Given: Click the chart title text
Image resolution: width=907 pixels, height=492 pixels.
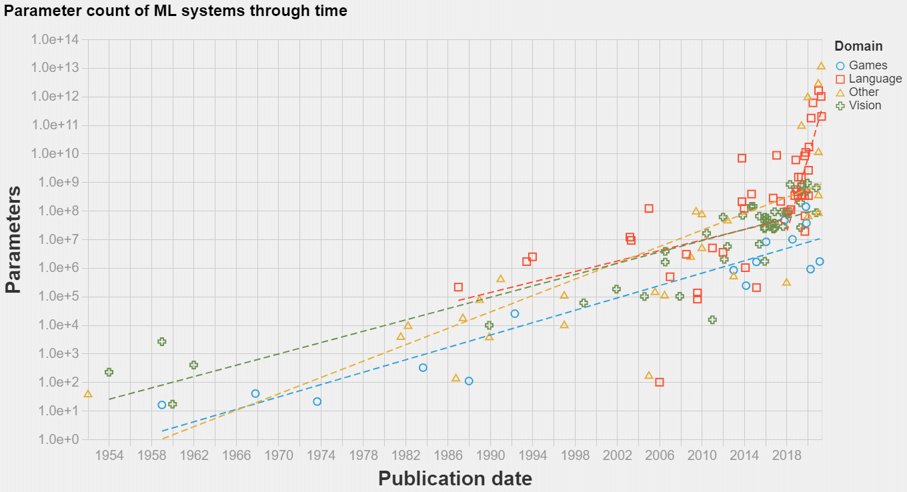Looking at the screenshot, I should [175, 11].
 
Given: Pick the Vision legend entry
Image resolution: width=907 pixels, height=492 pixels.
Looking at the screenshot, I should [864, 105].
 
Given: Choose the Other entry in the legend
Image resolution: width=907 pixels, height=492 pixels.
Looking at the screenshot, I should [864, 92].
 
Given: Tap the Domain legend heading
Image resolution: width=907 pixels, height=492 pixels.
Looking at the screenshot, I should [858, 46].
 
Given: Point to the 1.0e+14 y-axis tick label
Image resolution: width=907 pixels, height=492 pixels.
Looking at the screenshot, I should [55, 39].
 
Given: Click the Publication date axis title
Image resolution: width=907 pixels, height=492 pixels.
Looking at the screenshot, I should [455, 478].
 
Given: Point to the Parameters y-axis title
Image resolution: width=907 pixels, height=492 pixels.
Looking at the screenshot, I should [13, 239].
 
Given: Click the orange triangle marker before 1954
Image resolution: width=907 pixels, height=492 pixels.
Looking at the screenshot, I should [88, 394].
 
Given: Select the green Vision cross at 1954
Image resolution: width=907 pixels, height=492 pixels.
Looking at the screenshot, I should [109, 372].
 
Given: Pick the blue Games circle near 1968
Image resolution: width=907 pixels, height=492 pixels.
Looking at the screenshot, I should [255, 393].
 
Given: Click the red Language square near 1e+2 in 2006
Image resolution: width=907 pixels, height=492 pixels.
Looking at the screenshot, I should [660, 382].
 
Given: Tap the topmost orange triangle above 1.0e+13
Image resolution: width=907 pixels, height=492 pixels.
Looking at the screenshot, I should [822, 65].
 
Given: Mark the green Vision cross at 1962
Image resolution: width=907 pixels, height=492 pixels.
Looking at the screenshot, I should [193, 365].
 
